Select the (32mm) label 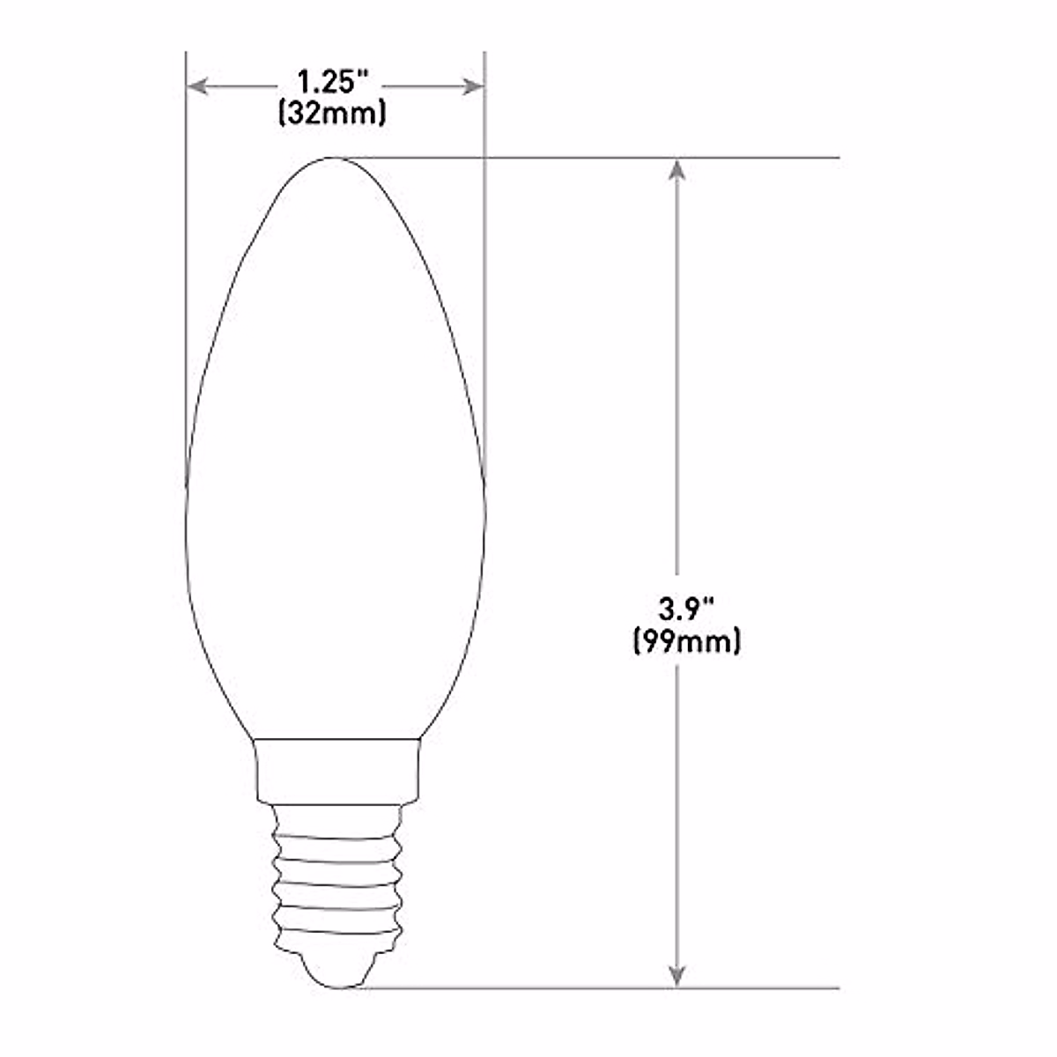(x=332, y=114)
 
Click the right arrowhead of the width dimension (x=475, y=85)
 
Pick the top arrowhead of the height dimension (x=676, y=168)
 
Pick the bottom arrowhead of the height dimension (x=676, y=976)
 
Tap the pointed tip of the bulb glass (x=334, y=159)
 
